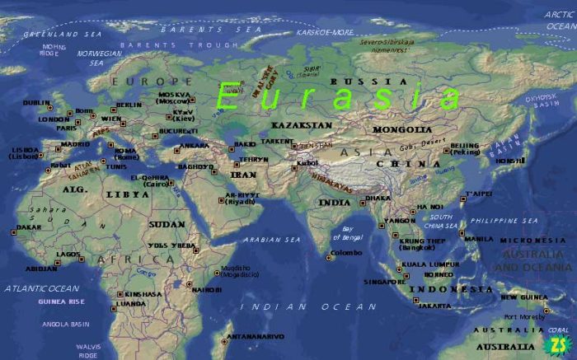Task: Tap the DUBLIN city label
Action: click(x=36, y=103)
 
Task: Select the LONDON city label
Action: click(x=54, y=119)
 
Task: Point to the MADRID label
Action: click(x=75, y=144)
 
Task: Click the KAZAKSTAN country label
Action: click(x=302, y=125)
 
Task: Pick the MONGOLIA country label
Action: click(x=402, y=129)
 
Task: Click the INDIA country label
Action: click(x=335, y=202)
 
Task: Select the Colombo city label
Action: click(x=346, y=253)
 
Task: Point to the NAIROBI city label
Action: click(x=207, y=289)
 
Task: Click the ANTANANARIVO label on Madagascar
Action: click(x=256, y=336)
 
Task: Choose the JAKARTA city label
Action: click(x=435, y=306)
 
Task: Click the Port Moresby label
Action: click(x=525, y=316)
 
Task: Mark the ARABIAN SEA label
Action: click(x=272, y=240)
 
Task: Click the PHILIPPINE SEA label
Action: click(x=504, y=221)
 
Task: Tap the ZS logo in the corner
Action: click(x=558, y=344)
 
